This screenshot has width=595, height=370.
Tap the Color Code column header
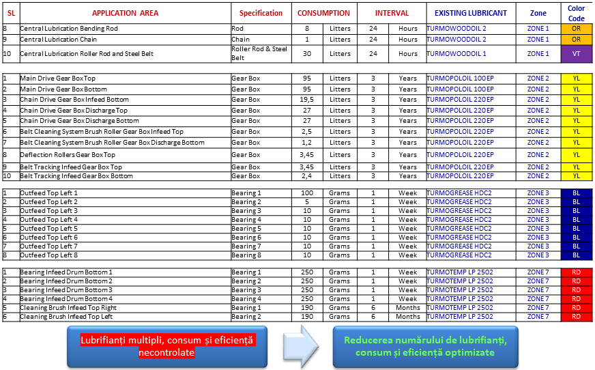pos(577,13)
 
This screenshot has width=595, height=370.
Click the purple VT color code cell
pos(577,53)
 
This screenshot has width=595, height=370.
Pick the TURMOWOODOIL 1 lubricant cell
pos(456,53)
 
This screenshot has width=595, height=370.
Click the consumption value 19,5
pos(307,100)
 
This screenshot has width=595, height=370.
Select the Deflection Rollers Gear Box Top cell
pos(68,155)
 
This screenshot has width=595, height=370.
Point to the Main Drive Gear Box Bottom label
pos(63,89)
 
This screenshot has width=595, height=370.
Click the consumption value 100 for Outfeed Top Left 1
pos(307,193)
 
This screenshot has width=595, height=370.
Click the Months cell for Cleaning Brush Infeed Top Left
pos(407,317)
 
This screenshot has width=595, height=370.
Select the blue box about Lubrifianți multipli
pos(167,346)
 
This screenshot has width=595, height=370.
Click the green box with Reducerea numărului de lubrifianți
pos(424,346)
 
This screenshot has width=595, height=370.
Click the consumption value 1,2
pos(307,143)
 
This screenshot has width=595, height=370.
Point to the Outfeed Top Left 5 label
pos(48,229)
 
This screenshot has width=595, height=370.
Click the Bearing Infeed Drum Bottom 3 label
pos(66,290)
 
